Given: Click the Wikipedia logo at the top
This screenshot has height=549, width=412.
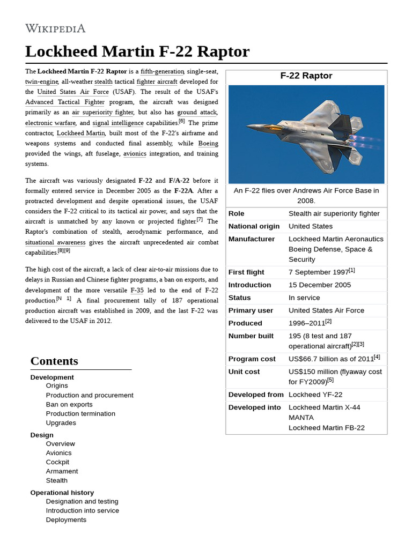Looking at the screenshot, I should pyautogui.click(x=55, y=28).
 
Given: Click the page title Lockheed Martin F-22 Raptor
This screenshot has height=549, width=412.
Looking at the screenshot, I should pyautogui.click(x=137, y=51).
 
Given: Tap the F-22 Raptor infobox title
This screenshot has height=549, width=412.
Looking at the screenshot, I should pyautogui.click(x=306, y=76).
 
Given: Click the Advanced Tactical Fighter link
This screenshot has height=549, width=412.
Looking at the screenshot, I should pyautogui.click(x=65, y=102).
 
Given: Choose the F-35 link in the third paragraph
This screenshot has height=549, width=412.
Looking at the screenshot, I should pyautogui.click(x=137, y=290).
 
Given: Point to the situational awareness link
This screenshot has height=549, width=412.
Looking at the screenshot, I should pyautogui.click(x=55, y=242).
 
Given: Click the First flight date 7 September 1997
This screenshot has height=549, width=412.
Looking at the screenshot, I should pyautogui.click(x=319, y=272).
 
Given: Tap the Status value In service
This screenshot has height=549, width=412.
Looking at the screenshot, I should pyautogui.click(x=304, y=298).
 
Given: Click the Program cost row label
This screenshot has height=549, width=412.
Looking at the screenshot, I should pyautogui.click(x=252, y=359).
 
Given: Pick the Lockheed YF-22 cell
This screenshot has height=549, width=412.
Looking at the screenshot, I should pyautogui.click(x=315, y=395).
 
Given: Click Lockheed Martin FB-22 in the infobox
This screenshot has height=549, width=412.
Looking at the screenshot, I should pyautogui.click(x=326, y=427).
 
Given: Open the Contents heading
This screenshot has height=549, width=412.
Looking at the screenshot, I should pyautogui.click(x=54, y=361).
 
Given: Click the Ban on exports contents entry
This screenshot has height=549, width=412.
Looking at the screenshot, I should pyautogui.click(x=69, y=404).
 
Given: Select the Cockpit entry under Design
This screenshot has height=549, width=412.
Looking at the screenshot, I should pyautogui.click(x=57, y=462).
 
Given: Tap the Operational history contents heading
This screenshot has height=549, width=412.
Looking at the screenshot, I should pyautogui.click(x=62, y=492).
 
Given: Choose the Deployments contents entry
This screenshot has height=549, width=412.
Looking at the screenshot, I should pyautogui.click(x=66, y=520).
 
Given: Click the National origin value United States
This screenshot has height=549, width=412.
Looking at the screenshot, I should pyautogui.click(x=310, y=226).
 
